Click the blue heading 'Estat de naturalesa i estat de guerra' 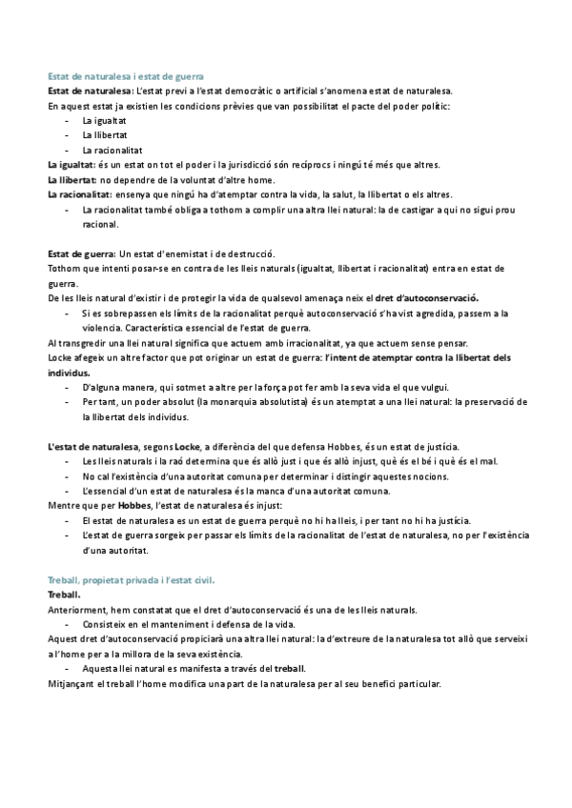point(125,75)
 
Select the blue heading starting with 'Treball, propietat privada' point(131,579)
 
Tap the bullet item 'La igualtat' point(105,120)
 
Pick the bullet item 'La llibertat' point(106,135)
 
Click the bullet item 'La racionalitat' point(112,150)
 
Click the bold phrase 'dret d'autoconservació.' point(430,298)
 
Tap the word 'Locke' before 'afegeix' point(60,358)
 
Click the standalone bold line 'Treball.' point(64,595)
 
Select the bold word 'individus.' point(69,373)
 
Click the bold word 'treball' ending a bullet point(291,670)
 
